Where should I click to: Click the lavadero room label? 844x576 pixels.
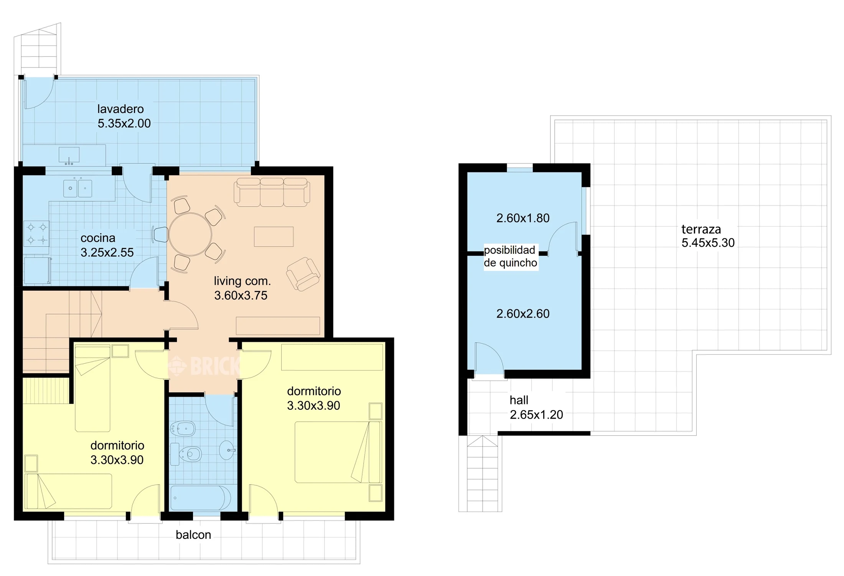[120, 109]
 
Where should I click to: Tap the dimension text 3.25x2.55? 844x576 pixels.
[107, 252]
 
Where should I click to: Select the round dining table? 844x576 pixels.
[190, 234]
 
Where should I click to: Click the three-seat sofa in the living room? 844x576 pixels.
[272, 192]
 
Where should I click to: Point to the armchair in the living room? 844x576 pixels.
[303, 274]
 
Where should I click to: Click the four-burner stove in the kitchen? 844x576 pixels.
[36, 233]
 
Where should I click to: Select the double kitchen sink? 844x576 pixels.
[77, 189]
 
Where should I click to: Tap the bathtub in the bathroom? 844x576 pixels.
[201, 498]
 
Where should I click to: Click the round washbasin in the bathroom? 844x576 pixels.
[227, 450]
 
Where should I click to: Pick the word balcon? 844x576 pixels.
[193, 535]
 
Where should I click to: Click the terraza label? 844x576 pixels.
[701, 229]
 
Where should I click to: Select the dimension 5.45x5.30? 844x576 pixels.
[708, 243]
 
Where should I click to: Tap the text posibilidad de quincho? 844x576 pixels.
[510, 257]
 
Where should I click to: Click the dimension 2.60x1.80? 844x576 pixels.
[523, 218]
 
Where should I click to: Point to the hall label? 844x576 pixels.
[519, 400]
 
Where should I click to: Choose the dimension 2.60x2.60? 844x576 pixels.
[523, 314]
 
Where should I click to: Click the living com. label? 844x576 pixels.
[242, 281]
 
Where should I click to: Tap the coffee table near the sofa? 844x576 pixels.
[274, 237]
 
